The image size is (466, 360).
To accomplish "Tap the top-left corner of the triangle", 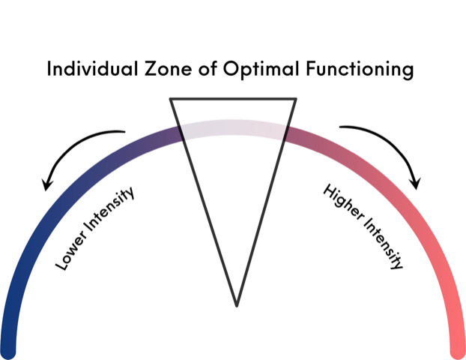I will tap(171, 99).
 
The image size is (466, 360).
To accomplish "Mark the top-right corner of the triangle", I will tap(296, 99).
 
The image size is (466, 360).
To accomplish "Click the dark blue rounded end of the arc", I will tap(9, 347).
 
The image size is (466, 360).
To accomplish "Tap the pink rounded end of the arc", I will tap(457, 347).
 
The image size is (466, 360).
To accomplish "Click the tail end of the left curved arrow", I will tap(124, 133).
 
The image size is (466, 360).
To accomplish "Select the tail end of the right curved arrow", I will tap(342, 128).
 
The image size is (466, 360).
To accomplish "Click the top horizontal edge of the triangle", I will tap(233, 99).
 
